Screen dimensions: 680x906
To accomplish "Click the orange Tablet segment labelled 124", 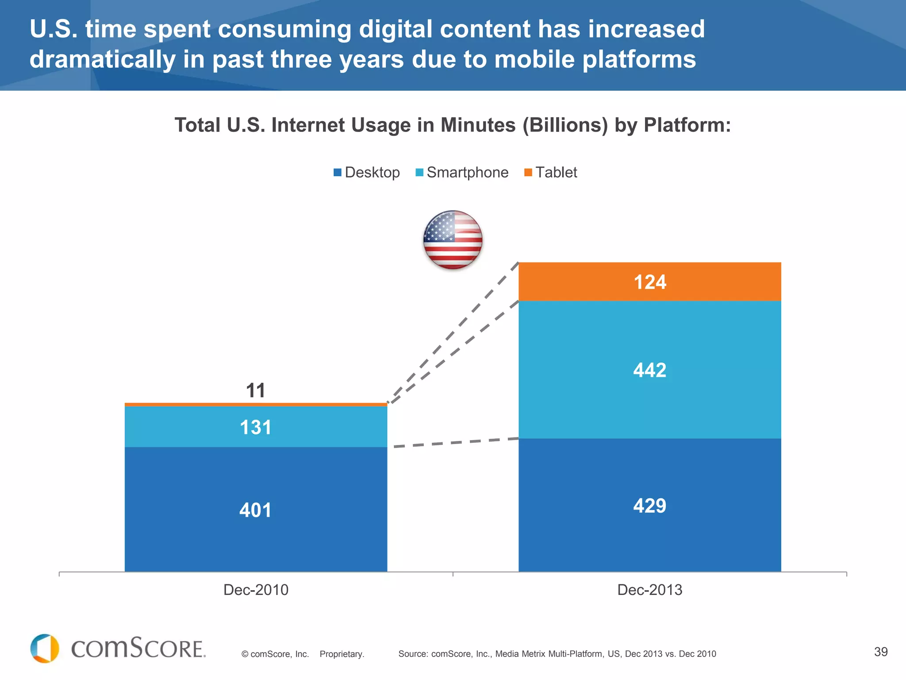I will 649,282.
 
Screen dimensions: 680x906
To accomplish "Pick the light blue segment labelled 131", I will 256,427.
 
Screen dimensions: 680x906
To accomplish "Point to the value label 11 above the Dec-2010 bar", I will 256,390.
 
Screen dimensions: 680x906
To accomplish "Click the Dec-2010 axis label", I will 256,590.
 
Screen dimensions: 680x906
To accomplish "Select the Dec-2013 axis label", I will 649,590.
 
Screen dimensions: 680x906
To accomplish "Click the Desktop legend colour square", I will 338,173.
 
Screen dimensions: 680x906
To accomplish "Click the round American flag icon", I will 453,240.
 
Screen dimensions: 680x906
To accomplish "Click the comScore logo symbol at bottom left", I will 45,648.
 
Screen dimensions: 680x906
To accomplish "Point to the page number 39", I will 881,652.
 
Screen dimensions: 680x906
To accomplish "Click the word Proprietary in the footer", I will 342,654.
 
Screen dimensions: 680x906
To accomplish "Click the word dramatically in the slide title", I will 103,59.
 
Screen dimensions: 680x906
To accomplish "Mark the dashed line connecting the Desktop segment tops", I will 456,442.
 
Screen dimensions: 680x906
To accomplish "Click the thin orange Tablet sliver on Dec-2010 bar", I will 256,405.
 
